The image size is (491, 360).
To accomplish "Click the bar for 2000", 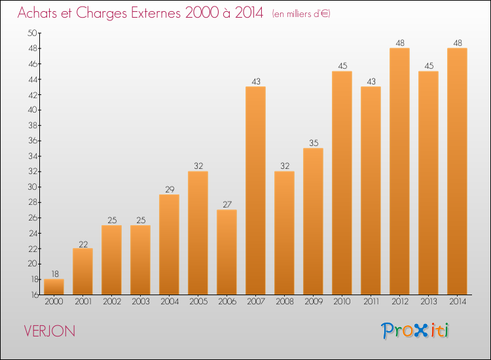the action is (54, 287).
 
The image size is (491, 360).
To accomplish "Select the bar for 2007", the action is (255, 190).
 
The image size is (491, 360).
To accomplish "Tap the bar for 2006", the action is (227, 252).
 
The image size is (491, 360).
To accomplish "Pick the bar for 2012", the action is (399, 171).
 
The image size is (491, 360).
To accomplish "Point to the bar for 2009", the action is (313, 221).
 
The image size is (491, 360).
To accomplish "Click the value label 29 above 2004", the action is (170, 189).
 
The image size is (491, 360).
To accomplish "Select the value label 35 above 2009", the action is (314, 143).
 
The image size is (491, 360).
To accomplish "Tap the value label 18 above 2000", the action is (55, 274).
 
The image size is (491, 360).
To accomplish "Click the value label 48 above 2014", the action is (458, 43).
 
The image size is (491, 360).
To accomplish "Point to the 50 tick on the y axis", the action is (33, 33).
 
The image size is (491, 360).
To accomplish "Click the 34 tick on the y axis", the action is (33, 156).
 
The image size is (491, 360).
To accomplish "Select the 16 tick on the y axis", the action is (35, 295).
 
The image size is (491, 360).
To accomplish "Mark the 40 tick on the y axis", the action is (33, 110).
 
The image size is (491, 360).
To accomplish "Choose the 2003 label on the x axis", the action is (141, 302).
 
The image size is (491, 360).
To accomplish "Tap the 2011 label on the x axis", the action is (371, 302).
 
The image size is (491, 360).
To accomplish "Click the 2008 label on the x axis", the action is (285, 302).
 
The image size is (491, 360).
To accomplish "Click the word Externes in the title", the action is (156, 13).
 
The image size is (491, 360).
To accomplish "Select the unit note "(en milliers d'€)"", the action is (301, 14).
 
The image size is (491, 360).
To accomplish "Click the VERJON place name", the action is (50, 331).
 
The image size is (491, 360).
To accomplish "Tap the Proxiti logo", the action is (414, 331).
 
